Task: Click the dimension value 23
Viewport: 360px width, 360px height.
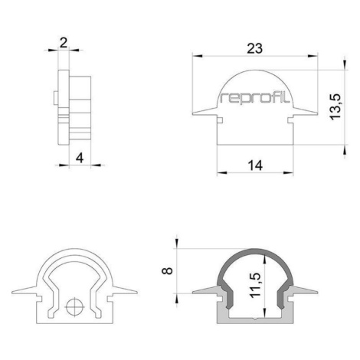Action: tap(254, 48)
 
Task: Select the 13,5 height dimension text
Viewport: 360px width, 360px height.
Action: tap(335, 106)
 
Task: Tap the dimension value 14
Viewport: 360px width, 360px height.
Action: tap(255, 165)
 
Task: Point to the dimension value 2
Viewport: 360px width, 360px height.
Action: tap(63, 43)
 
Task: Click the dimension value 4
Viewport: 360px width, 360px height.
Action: tap(80, 159)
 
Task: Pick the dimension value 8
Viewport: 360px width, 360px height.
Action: tap(168, 270)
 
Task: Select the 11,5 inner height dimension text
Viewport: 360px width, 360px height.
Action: tap(255, 285)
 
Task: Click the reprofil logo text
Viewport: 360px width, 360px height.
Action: tap(255, 98)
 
